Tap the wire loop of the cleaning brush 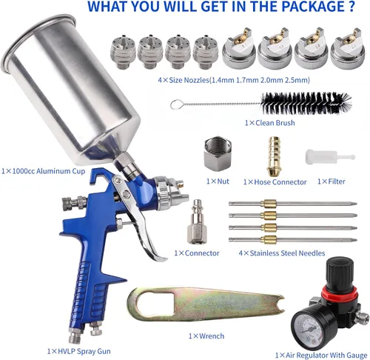[x=175, y=104]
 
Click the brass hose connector [x=274, y=156]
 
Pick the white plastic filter [x=330, y=157]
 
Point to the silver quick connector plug [x=197, y=221]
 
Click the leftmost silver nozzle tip [x=123, y=52]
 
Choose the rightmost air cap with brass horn [x=348, y=50]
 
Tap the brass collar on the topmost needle [x=269, y=204]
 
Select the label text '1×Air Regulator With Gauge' [x=321, y=355]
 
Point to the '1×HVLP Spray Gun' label [x=79, y=351]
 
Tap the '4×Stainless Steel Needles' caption [x=282, y=253]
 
